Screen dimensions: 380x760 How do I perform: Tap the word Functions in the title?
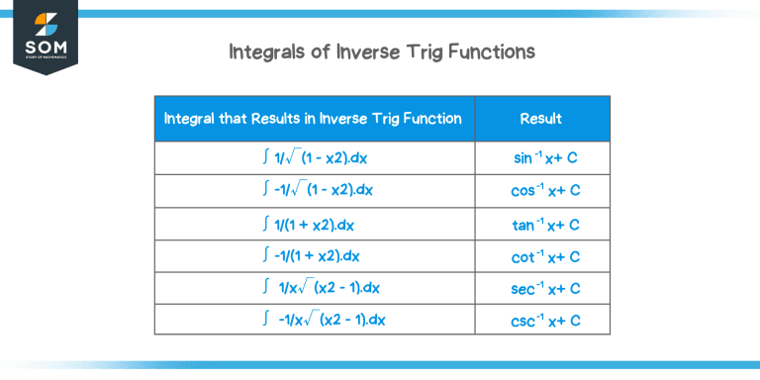[487, 50]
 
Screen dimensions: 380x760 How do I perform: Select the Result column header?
[541, 119]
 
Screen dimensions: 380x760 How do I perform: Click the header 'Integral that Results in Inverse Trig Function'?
[314, 119]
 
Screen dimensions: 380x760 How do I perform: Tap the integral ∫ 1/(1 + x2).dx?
[315, 224]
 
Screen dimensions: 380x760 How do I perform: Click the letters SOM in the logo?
[45, 47]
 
